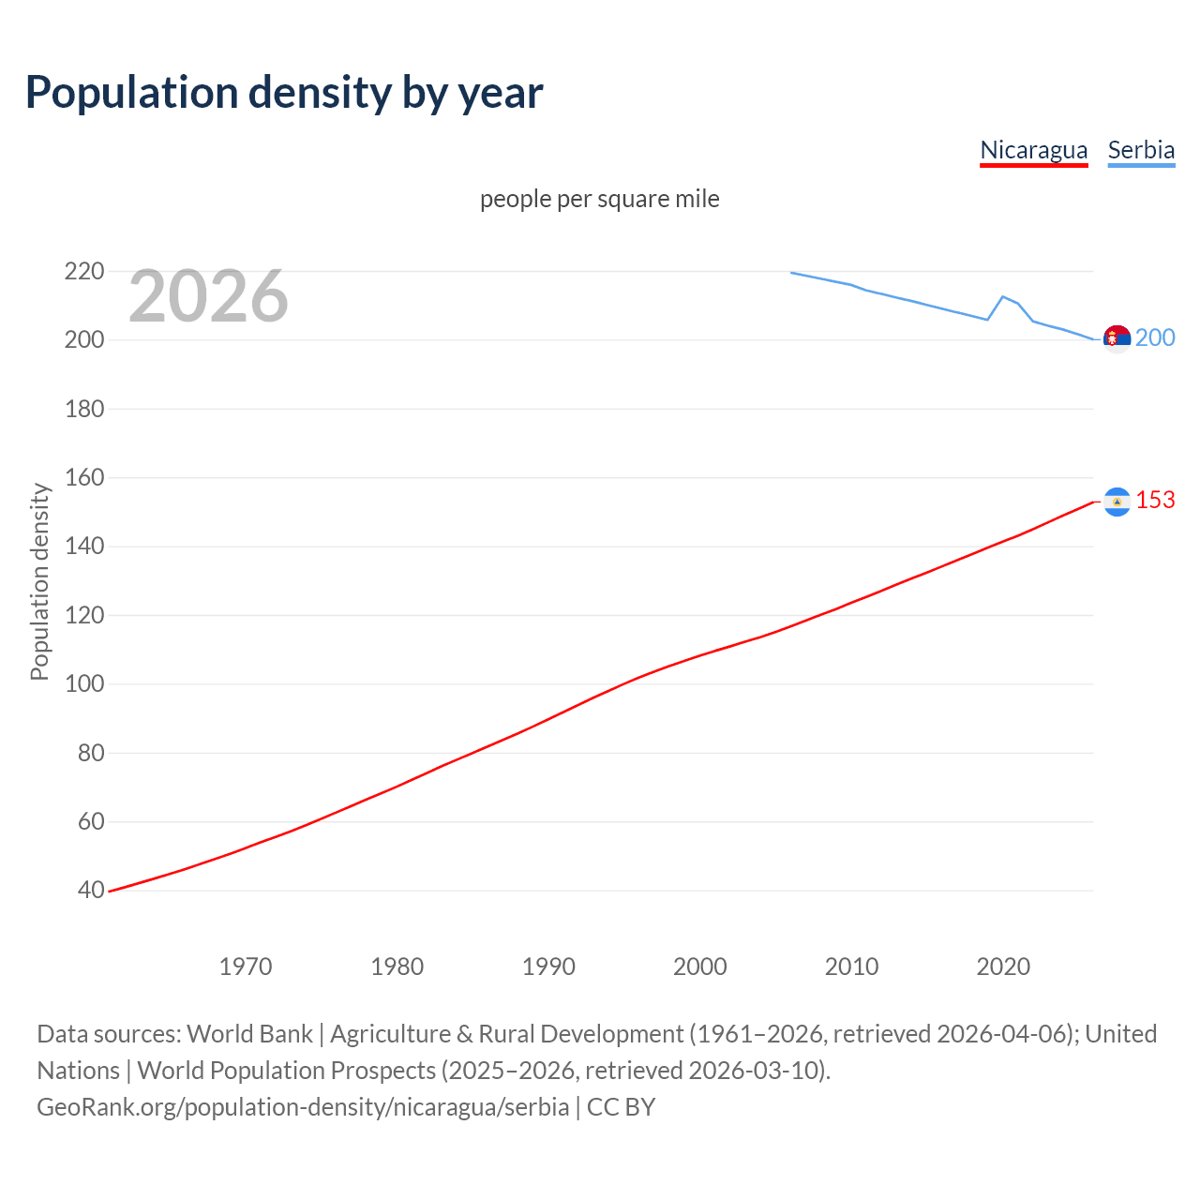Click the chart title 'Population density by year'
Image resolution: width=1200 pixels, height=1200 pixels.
[x=284, y=93]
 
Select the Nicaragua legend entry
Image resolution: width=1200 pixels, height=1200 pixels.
[x=1033, y=150]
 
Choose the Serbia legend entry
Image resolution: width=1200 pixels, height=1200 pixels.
[x=1141, y=150]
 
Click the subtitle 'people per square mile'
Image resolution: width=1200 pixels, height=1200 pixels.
[x=599, y=199]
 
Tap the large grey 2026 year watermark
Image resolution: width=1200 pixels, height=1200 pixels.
[x=208, y=296]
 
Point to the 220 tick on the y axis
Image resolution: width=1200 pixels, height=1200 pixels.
[x=84, y=272]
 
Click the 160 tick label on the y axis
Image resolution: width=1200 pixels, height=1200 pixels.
[x=84, y=478]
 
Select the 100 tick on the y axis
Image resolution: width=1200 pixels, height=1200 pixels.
[x=84, y=684]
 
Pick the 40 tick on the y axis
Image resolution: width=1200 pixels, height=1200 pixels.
[x=91, y=891]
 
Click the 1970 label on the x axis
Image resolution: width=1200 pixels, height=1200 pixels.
[x=246, y=967]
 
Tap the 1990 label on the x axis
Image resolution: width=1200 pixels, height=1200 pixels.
[x=548, y=967]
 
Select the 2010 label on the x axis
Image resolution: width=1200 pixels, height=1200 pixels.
[x=851, y=967]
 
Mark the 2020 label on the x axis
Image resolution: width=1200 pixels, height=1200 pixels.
[x=1003, y=967]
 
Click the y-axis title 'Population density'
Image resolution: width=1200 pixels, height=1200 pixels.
[x=39, y=581]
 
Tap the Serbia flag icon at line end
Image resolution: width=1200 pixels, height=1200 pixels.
[x=1117, y=337]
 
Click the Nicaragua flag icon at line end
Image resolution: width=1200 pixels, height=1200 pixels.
[x=1117, y=502]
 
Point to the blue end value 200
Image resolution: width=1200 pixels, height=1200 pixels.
[x=1155, y=337]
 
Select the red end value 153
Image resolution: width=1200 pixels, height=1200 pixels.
[x=1155, y=501]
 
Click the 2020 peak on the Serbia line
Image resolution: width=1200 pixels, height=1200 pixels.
[x=1003, y=296]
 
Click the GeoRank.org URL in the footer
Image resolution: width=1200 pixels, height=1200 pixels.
[x=303, y=1107]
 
